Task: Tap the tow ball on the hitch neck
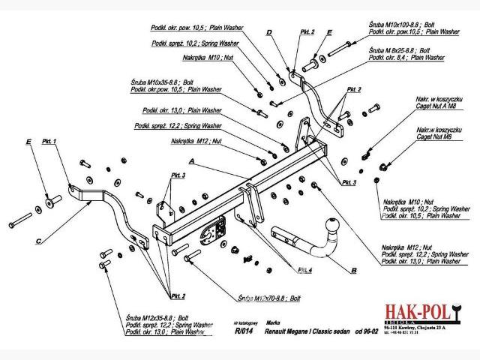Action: (330, 226)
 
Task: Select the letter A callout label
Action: (192, 161)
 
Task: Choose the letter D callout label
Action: (268, 32)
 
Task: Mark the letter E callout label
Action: (28, 141)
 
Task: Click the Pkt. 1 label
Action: (50, 141)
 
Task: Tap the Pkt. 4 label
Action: (305, 268)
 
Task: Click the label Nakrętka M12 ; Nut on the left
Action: (196, 141)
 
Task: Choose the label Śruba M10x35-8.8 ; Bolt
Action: (162, 82)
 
